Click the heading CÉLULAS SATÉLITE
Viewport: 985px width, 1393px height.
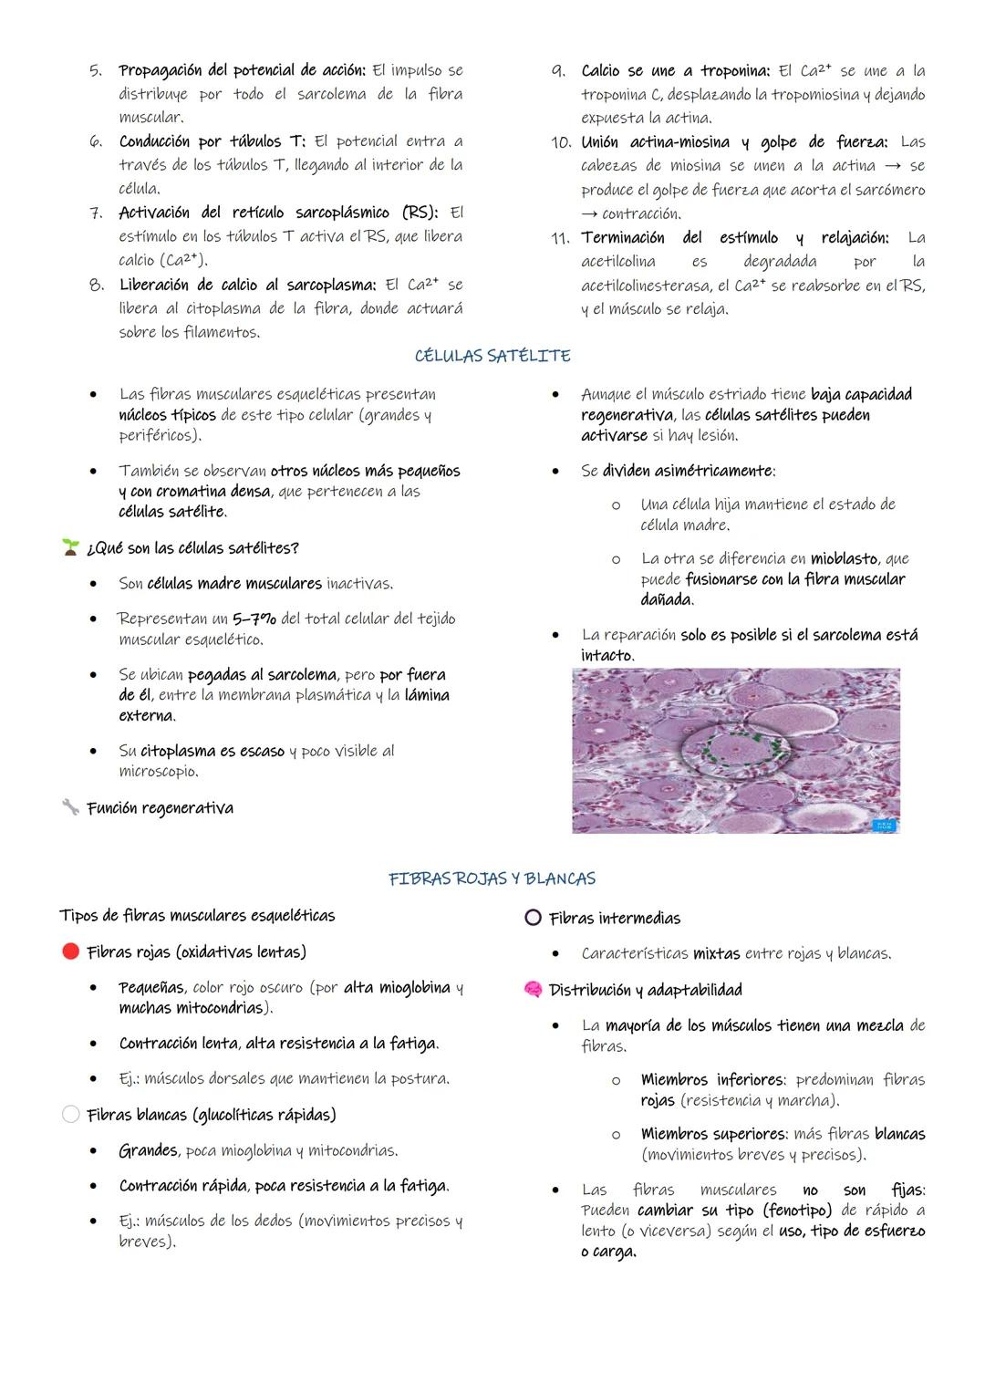tap(493, 356)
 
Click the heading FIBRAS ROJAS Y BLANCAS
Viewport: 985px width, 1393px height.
tap(492, 878)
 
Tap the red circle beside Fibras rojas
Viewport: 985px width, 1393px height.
tap(70, 951)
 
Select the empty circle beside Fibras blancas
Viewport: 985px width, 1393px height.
tap(70, 1114)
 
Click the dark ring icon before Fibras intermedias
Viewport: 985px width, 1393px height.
tap(534, 918)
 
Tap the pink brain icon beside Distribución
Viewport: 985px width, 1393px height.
tap(534, 990)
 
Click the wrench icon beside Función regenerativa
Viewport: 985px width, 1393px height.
tap(70, 807)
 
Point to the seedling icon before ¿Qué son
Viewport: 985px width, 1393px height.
tap(70, 547)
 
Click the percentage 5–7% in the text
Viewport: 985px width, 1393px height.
tap(254, 619)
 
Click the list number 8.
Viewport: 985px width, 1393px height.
tap(96, 285)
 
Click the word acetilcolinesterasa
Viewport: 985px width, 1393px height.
tap(646, 286)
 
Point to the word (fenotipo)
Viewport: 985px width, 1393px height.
tap(796, 1210)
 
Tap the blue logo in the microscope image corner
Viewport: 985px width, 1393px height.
tap(884, 825)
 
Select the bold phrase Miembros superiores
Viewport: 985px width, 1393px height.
tap(713, 1134)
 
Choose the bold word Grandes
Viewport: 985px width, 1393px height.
tap(149, 1150)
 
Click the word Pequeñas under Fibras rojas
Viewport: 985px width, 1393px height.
tap(151, 987)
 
